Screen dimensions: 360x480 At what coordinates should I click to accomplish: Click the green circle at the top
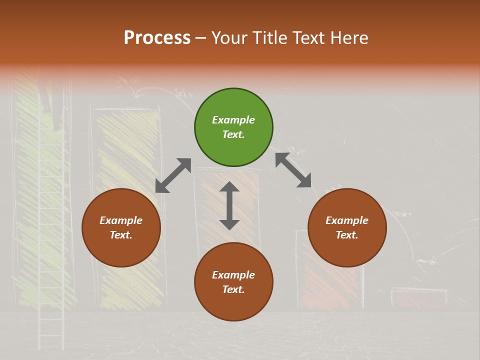click(233, 127)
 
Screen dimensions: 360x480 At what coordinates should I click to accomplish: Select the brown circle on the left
click(121, 227)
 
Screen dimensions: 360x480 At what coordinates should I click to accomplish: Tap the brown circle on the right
click(347, 227)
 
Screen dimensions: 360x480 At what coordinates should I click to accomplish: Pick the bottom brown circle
click(233, 282)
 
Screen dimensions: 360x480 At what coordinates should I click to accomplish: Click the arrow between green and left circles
click(173, 175)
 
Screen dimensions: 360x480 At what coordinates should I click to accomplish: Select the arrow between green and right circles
click(293, 170)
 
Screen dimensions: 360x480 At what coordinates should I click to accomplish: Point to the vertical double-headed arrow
click(229, 205)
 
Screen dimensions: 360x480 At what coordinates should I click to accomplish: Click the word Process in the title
click(157, 38)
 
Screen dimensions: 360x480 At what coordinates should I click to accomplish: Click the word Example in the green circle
click(233, 120)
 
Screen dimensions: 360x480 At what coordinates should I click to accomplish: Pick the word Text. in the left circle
click(121, 235)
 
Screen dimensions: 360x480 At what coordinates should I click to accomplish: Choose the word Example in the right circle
click(347, 220)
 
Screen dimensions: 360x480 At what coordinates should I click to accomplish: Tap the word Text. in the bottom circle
click(233, 289)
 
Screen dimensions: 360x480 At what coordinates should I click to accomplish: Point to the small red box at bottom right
click(419, 298)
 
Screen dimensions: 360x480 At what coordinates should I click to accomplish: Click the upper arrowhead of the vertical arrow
click(229, 187)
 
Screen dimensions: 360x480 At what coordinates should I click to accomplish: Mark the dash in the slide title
click(201, 38)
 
